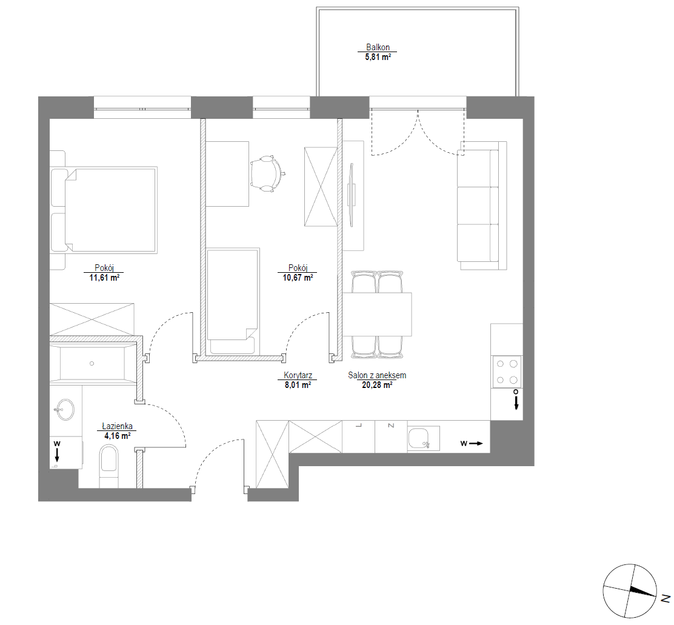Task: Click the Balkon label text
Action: [x=378, y=47]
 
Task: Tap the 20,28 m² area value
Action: [x=377, y=385]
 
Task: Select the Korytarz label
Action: [x=298, y=375]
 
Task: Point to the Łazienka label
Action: [x=118, y=426]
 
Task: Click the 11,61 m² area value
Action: [x=104, y=278]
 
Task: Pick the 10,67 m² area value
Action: [x=298, y=278]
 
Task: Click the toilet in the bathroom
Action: [x=108, y=466]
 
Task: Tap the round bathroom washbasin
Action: [x=65, y=410]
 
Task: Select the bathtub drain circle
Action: [x=92, y=364]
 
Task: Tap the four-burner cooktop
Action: [x=507, y=372]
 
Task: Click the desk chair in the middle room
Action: [x=267, y=173]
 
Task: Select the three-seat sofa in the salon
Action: [x=481, y=206]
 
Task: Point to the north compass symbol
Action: [x=630, y=591]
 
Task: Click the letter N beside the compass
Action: [x=666, y=598]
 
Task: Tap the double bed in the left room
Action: [x=104, y=210]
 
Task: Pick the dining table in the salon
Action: [x=377, y=314]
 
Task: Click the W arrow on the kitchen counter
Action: [x=472, y=444]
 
